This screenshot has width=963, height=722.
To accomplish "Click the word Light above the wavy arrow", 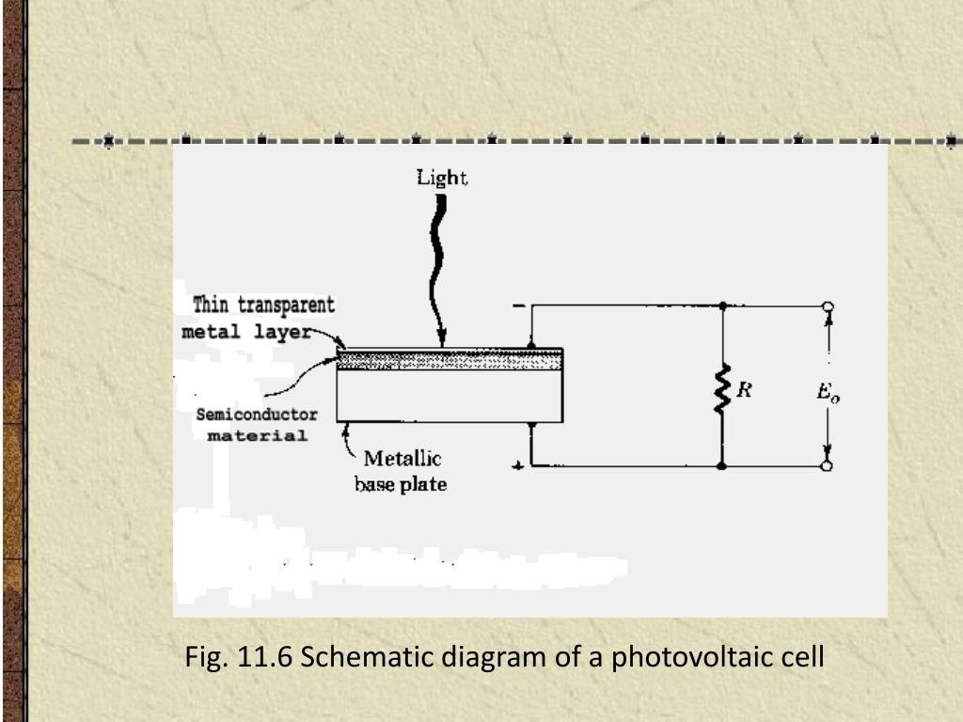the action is [442, 178].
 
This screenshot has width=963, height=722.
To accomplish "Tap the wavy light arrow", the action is [437, 263].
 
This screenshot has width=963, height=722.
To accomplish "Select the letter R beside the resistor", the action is [743, 389].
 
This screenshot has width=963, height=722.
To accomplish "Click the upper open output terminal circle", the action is [828, 306].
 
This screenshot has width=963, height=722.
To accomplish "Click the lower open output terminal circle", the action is [828, 465].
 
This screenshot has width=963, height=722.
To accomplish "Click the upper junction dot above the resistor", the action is [722, 306].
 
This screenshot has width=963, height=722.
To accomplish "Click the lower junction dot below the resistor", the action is [722, 465].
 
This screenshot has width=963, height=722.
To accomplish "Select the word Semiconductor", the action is [256, 415].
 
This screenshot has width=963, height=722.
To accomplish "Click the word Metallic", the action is [403, 461].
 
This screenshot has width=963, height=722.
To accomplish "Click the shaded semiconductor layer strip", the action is [450, 359].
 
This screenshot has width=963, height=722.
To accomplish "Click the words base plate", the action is [400, 485].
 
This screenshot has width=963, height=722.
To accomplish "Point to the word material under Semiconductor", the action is [257, 436].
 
